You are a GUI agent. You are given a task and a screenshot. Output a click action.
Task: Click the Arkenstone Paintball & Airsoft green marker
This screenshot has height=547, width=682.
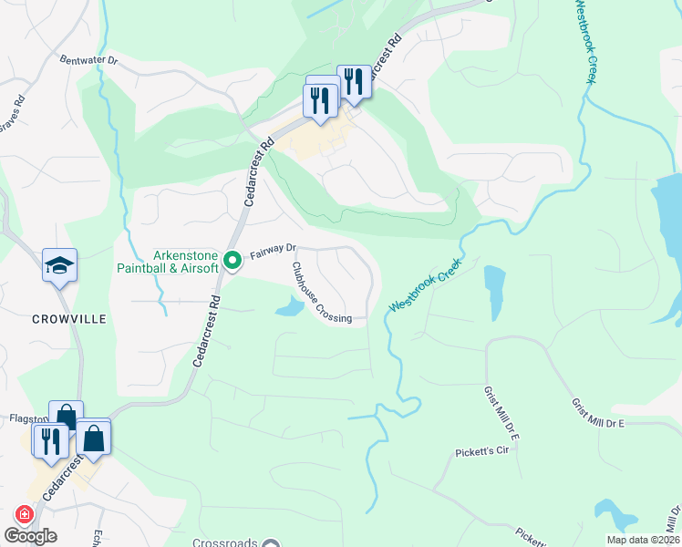tap(232, 261)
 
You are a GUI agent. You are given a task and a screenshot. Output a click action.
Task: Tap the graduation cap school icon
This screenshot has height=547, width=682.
tap(60, 266)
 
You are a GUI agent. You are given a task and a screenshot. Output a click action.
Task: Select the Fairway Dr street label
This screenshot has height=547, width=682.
tap(274, 249)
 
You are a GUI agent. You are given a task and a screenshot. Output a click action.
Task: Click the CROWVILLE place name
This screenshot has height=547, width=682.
tap(69, 319)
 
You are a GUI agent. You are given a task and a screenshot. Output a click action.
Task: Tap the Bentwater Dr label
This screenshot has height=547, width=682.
tap(89, 60)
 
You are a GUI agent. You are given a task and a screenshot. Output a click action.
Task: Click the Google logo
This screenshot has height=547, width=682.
tap(31, 536)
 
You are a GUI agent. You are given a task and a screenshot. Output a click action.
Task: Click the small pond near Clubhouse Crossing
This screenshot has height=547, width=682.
tap(288, 308)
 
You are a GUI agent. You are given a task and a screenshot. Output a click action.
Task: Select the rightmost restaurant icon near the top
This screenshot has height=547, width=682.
tap(353, 81)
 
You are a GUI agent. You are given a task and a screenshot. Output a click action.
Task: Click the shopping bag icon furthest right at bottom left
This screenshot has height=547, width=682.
tap(94, 438)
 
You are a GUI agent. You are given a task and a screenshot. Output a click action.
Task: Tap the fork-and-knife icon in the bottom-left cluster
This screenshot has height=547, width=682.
tap(48, 440)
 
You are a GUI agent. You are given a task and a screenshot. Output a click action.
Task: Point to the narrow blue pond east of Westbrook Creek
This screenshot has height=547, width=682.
tap(493, 292)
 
